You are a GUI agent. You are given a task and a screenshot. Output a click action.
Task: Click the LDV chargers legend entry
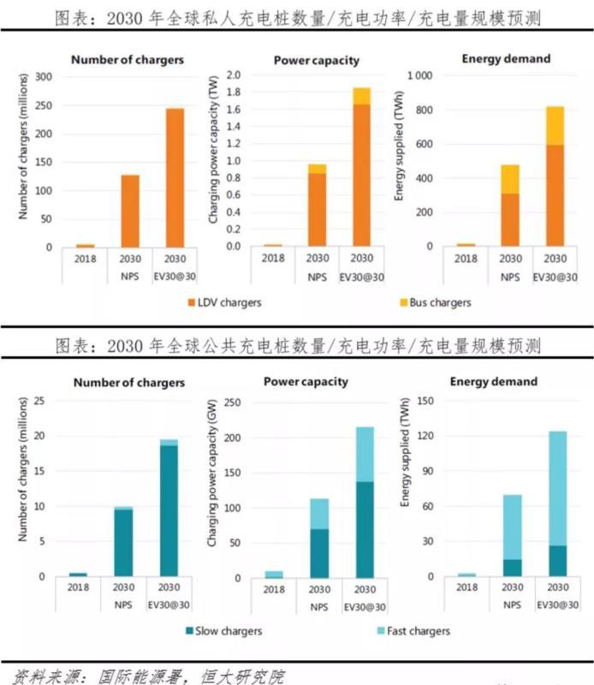223,302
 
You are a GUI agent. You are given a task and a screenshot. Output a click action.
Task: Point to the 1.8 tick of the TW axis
232,92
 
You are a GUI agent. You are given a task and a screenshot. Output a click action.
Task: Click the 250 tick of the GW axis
253,402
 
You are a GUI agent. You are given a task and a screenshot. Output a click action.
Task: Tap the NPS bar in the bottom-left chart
123,543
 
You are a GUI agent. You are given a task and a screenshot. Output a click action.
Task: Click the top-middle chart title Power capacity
317,60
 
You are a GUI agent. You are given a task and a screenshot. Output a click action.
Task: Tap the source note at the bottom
149,676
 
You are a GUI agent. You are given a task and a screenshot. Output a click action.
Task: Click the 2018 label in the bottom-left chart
78,588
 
